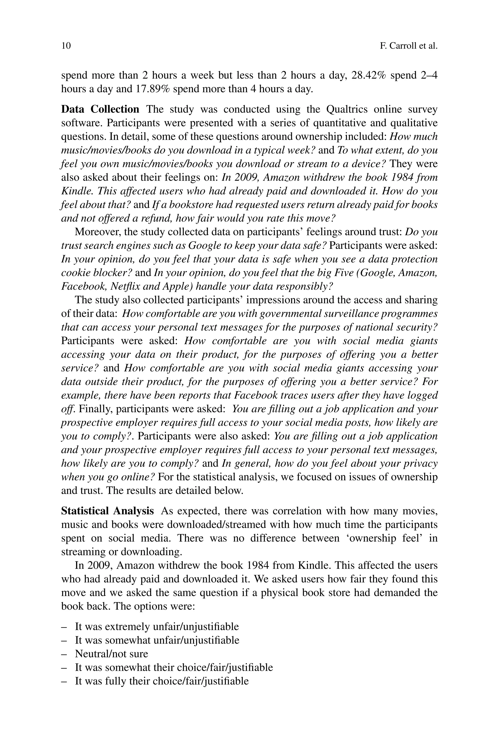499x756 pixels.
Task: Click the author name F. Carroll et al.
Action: coord(409,46)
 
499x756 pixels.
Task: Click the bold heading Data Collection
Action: coord(100,109)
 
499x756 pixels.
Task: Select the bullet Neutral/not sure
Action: coord(111,654)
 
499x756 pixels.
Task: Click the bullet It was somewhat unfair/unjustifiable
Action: coord(157,640)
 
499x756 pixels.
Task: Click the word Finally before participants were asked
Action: coord(96,409)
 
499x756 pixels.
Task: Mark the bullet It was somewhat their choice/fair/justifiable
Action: coord(174,667)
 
